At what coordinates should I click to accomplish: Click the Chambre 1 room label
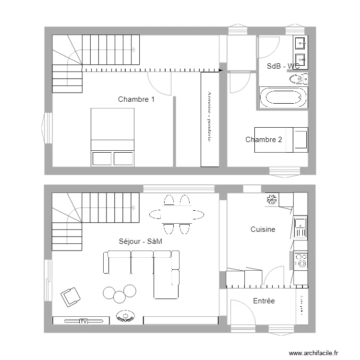click(136, 99)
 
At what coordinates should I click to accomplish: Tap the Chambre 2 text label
click(264, 140)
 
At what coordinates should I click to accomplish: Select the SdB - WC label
click(283, 66)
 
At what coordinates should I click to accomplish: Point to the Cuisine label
click(263, 229)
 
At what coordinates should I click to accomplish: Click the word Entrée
click(264, 301)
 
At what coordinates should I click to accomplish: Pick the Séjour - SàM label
click(140, 241)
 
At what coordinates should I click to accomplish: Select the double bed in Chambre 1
click(113, 137)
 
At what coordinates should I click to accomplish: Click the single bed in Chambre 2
click(281, 139)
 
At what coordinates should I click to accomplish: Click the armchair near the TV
click(71, 297)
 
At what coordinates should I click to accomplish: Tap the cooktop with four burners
click(301, 260)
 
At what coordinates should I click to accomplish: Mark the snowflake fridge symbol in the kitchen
click(271, 199)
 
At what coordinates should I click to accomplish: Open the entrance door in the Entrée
click(242, 314)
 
